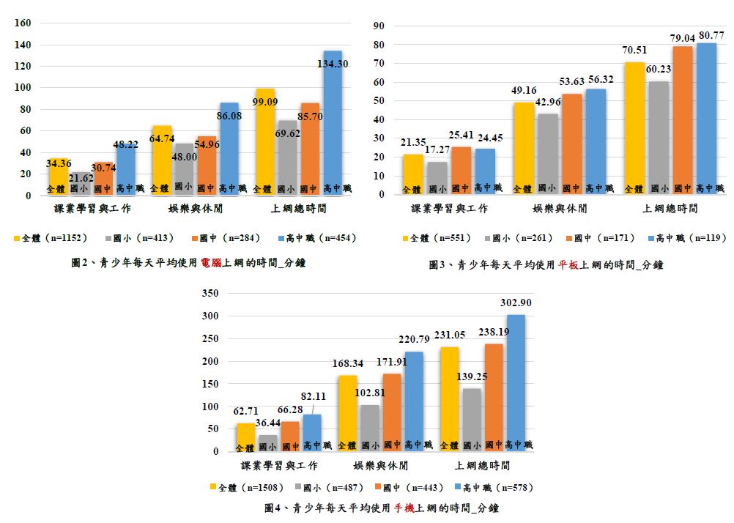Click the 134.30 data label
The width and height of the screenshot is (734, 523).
click(x=333, y=64)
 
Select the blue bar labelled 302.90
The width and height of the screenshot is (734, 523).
click(x=516, y=381)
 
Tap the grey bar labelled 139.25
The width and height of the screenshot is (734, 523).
click(x=472, y=418)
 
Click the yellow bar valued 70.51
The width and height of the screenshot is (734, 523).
click(x=634, y=125)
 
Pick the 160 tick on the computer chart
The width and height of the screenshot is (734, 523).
click(x=23, y=23)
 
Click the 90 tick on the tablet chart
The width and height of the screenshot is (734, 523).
click(x=379, y=26)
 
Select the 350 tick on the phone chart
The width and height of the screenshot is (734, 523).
click(x=210, y=294)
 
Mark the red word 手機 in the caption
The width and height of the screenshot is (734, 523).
click(x=404, y=507)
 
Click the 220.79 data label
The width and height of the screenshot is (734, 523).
click(x=414, y=338)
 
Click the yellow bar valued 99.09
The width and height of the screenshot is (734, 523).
click(x=265, y=139)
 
